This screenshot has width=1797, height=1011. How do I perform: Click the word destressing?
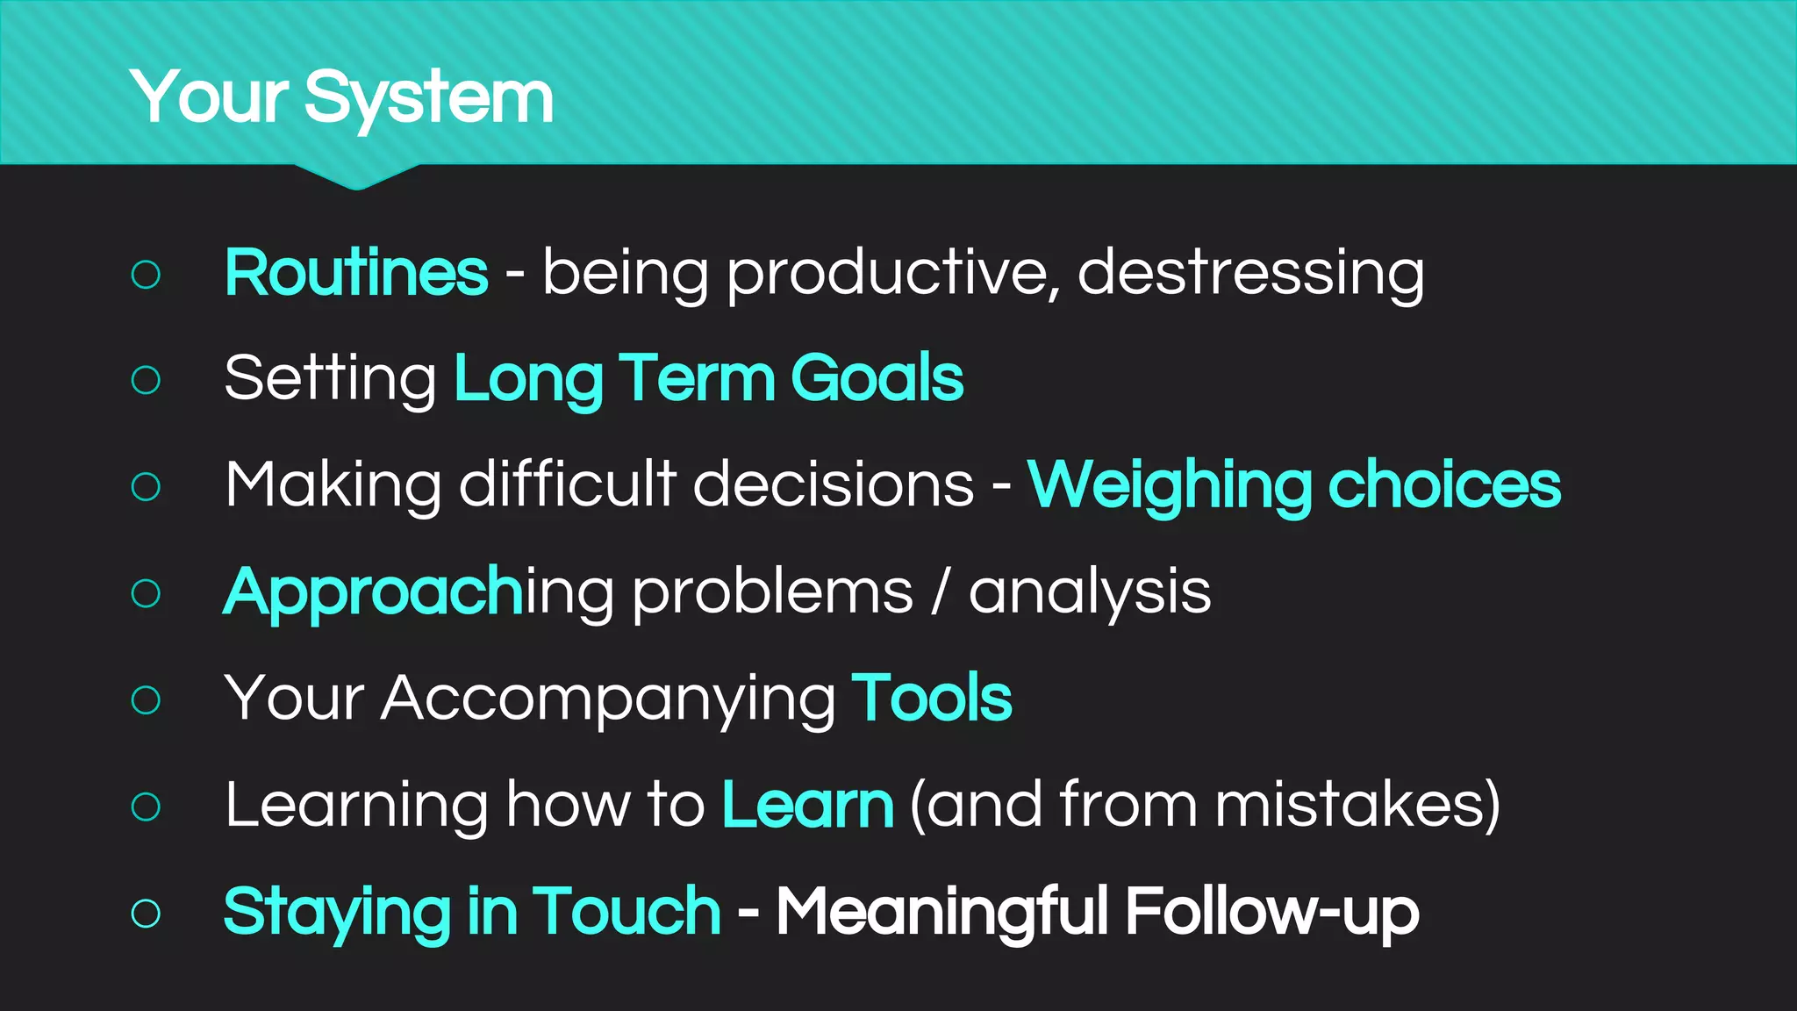(x=1250, y=274)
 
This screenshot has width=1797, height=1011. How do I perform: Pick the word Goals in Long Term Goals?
(x=877, y=379)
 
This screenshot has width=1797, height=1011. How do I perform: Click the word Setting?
(x=330, y=379)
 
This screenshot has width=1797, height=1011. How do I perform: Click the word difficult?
(x=568, y=484)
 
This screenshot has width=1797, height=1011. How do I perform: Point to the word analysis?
(x=1089, y=592)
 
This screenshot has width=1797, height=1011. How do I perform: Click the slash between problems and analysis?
(x=941, y=592)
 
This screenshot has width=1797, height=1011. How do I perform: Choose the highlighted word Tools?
(x=931, y=699)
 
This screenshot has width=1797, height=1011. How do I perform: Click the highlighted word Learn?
(x=807, y=805)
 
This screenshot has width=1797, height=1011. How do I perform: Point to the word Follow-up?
(x=1271, y=913)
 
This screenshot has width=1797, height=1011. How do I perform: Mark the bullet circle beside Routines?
(x=146, y=275)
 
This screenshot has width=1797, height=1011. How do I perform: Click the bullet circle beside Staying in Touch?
(x=146, y=914)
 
